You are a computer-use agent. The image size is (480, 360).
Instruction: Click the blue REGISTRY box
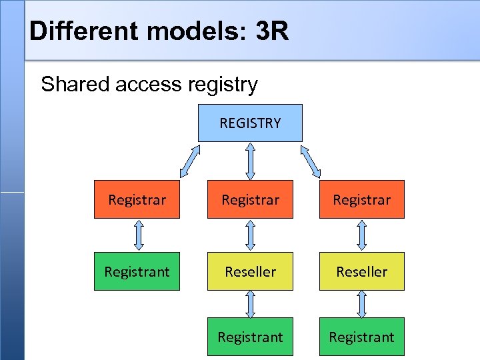[250, 123]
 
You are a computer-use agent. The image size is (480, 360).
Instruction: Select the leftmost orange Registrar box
[137, 199]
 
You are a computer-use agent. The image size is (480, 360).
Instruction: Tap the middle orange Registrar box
[250, 199]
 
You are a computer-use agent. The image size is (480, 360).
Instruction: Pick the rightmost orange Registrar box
[361, 199]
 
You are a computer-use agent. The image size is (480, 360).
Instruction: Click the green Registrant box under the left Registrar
[137, 271]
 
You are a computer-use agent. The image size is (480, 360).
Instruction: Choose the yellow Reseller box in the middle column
[250, 271]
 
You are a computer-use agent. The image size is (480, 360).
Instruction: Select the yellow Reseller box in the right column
[361, 271]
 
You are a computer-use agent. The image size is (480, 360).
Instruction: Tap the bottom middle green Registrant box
[250, 337]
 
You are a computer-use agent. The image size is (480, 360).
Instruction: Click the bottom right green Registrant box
[361, 337]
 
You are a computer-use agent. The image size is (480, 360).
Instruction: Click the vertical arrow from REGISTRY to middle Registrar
[250, 161]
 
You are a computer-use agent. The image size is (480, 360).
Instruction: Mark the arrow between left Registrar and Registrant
[138, 235]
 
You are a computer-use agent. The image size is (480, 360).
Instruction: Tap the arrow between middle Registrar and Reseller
[251, 235]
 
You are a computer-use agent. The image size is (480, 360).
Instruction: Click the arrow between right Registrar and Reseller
[362, 235]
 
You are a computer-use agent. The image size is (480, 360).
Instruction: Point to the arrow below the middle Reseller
[251, 304]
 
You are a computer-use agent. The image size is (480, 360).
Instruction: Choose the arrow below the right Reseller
[362, 304]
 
